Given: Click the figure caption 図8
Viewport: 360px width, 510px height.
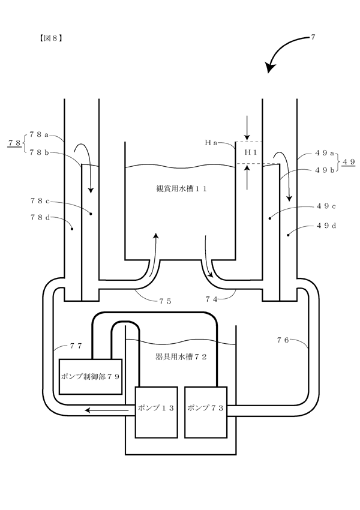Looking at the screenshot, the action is tap(50, 38).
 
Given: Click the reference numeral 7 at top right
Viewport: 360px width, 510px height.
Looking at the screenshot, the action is tap(313, 37).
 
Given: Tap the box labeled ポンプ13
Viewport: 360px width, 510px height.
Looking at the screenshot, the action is tap(157, 412).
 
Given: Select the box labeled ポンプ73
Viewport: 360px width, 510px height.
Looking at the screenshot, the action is tap(206, 412).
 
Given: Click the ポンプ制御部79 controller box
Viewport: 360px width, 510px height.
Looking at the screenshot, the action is tap(91, 377).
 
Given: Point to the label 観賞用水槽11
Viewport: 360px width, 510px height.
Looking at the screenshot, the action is tap(181, 188).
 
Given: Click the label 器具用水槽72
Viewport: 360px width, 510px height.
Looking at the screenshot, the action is tap(181, 357).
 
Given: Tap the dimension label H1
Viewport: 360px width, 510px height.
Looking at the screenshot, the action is tap(251, 152).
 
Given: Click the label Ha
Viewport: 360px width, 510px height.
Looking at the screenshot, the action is tap(211, 142).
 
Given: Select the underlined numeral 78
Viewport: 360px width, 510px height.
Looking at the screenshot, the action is tap(14, 143).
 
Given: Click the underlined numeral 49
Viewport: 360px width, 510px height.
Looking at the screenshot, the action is tap(348, 161).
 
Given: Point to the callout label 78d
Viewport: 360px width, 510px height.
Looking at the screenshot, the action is tap(40, 218).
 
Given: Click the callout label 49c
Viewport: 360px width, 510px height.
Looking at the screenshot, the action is tap(326, 206).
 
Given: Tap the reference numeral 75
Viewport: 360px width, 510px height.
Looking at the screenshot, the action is tap(165, 302).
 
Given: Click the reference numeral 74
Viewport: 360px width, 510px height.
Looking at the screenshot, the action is tap(211, 299).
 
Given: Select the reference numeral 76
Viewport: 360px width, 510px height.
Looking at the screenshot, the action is tap(283, 340).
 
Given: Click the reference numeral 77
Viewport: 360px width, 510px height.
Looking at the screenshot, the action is tap(76, 346).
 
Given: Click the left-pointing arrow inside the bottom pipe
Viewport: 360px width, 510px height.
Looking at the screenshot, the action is tap(107, 410).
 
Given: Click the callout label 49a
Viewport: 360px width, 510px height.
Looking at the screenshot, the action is tap(325, 154).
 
